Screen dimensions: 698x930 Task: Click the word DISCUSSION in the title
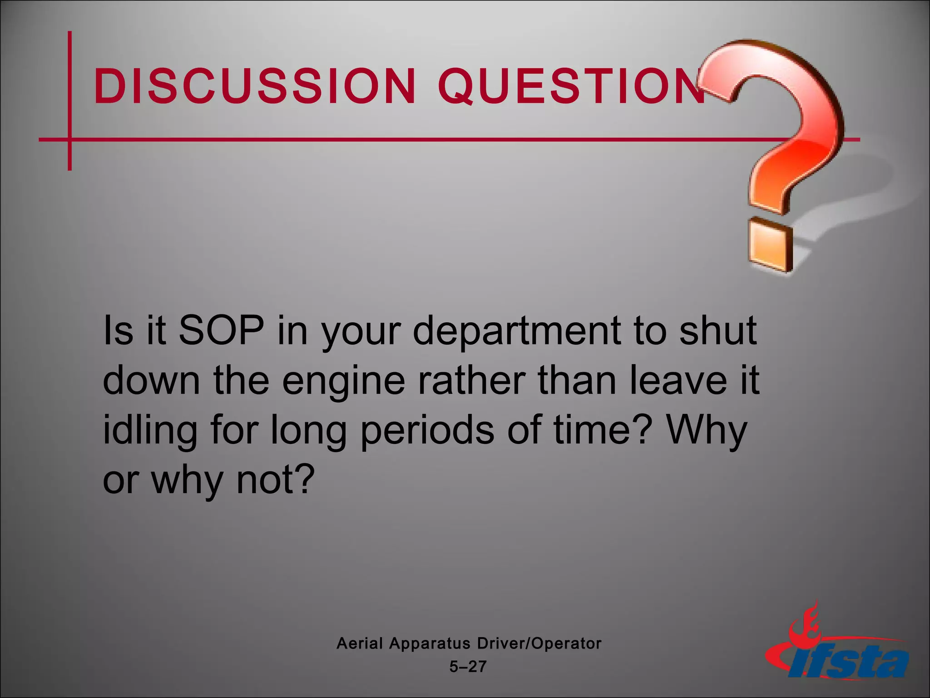pos(254,86)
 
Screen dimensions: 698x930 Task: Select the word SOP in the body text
pos(221,331)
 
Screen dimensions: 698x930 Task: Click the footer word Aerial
pos(360,643)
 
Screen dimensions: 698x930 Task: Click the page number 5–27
pos(468,667)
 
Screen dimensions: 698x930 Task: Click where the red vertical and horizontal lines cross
pos(69,140)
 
